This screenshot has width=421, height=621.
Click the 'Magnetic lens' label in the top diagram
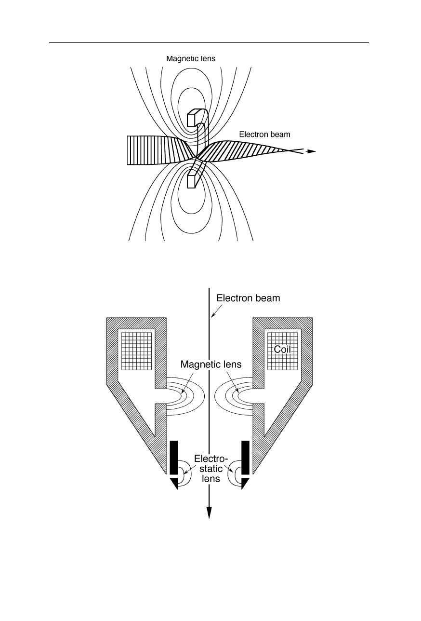coord(190,59)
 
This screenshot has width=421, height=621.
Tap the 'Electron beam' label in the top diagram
coord(264,135)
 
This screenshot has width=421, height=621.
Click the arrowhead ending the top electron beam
coord(312,151)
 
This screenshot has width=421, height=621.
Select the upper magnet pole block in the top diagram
coord(193,119)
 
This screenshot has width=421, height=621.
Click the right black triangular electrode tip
coord(244,484)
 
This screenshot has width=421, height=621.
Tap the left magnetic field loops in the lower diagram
coord(185,397)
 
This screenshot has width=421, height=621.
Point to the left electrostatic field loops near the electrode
coord(184,475)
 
